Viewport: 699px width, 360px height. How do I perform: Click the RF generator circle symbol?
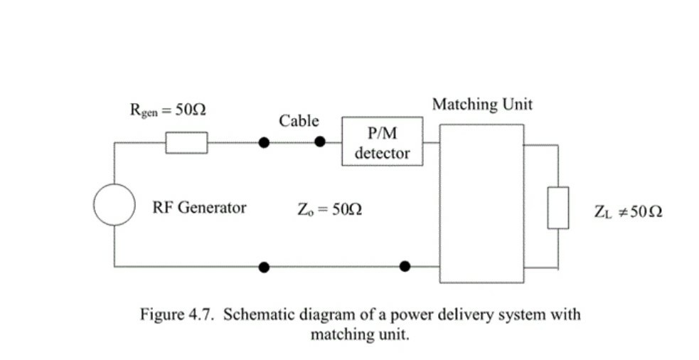click(114, 205)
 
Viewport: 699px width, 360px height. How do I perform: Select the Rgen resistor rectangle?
click(187, 142)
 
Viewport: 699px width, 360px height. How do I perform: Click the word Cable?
click(299, 121)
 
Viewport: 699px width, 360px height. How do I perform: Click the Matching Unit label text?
click(482, 105)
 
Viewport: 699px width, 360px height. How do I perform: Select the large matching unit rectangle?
click(482, 203)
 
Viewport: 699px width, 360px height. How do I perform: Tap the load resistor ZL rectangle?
click(557, 208)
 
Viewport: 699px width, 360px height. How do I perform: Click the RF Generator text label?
click(199, 208)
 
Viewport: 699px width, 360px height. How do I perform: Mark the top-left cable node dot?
click(264, 142)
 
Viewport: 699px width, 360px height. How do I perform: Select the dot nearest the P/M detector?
click(320, 142)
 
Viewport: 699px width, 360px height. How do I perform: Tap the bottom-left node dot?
click(264, 267)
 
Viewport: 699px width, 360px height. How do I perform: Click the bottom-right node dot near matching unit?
click(405, 267)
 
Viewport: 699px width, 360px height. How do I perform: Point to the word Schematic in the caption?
click(257, 314)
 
